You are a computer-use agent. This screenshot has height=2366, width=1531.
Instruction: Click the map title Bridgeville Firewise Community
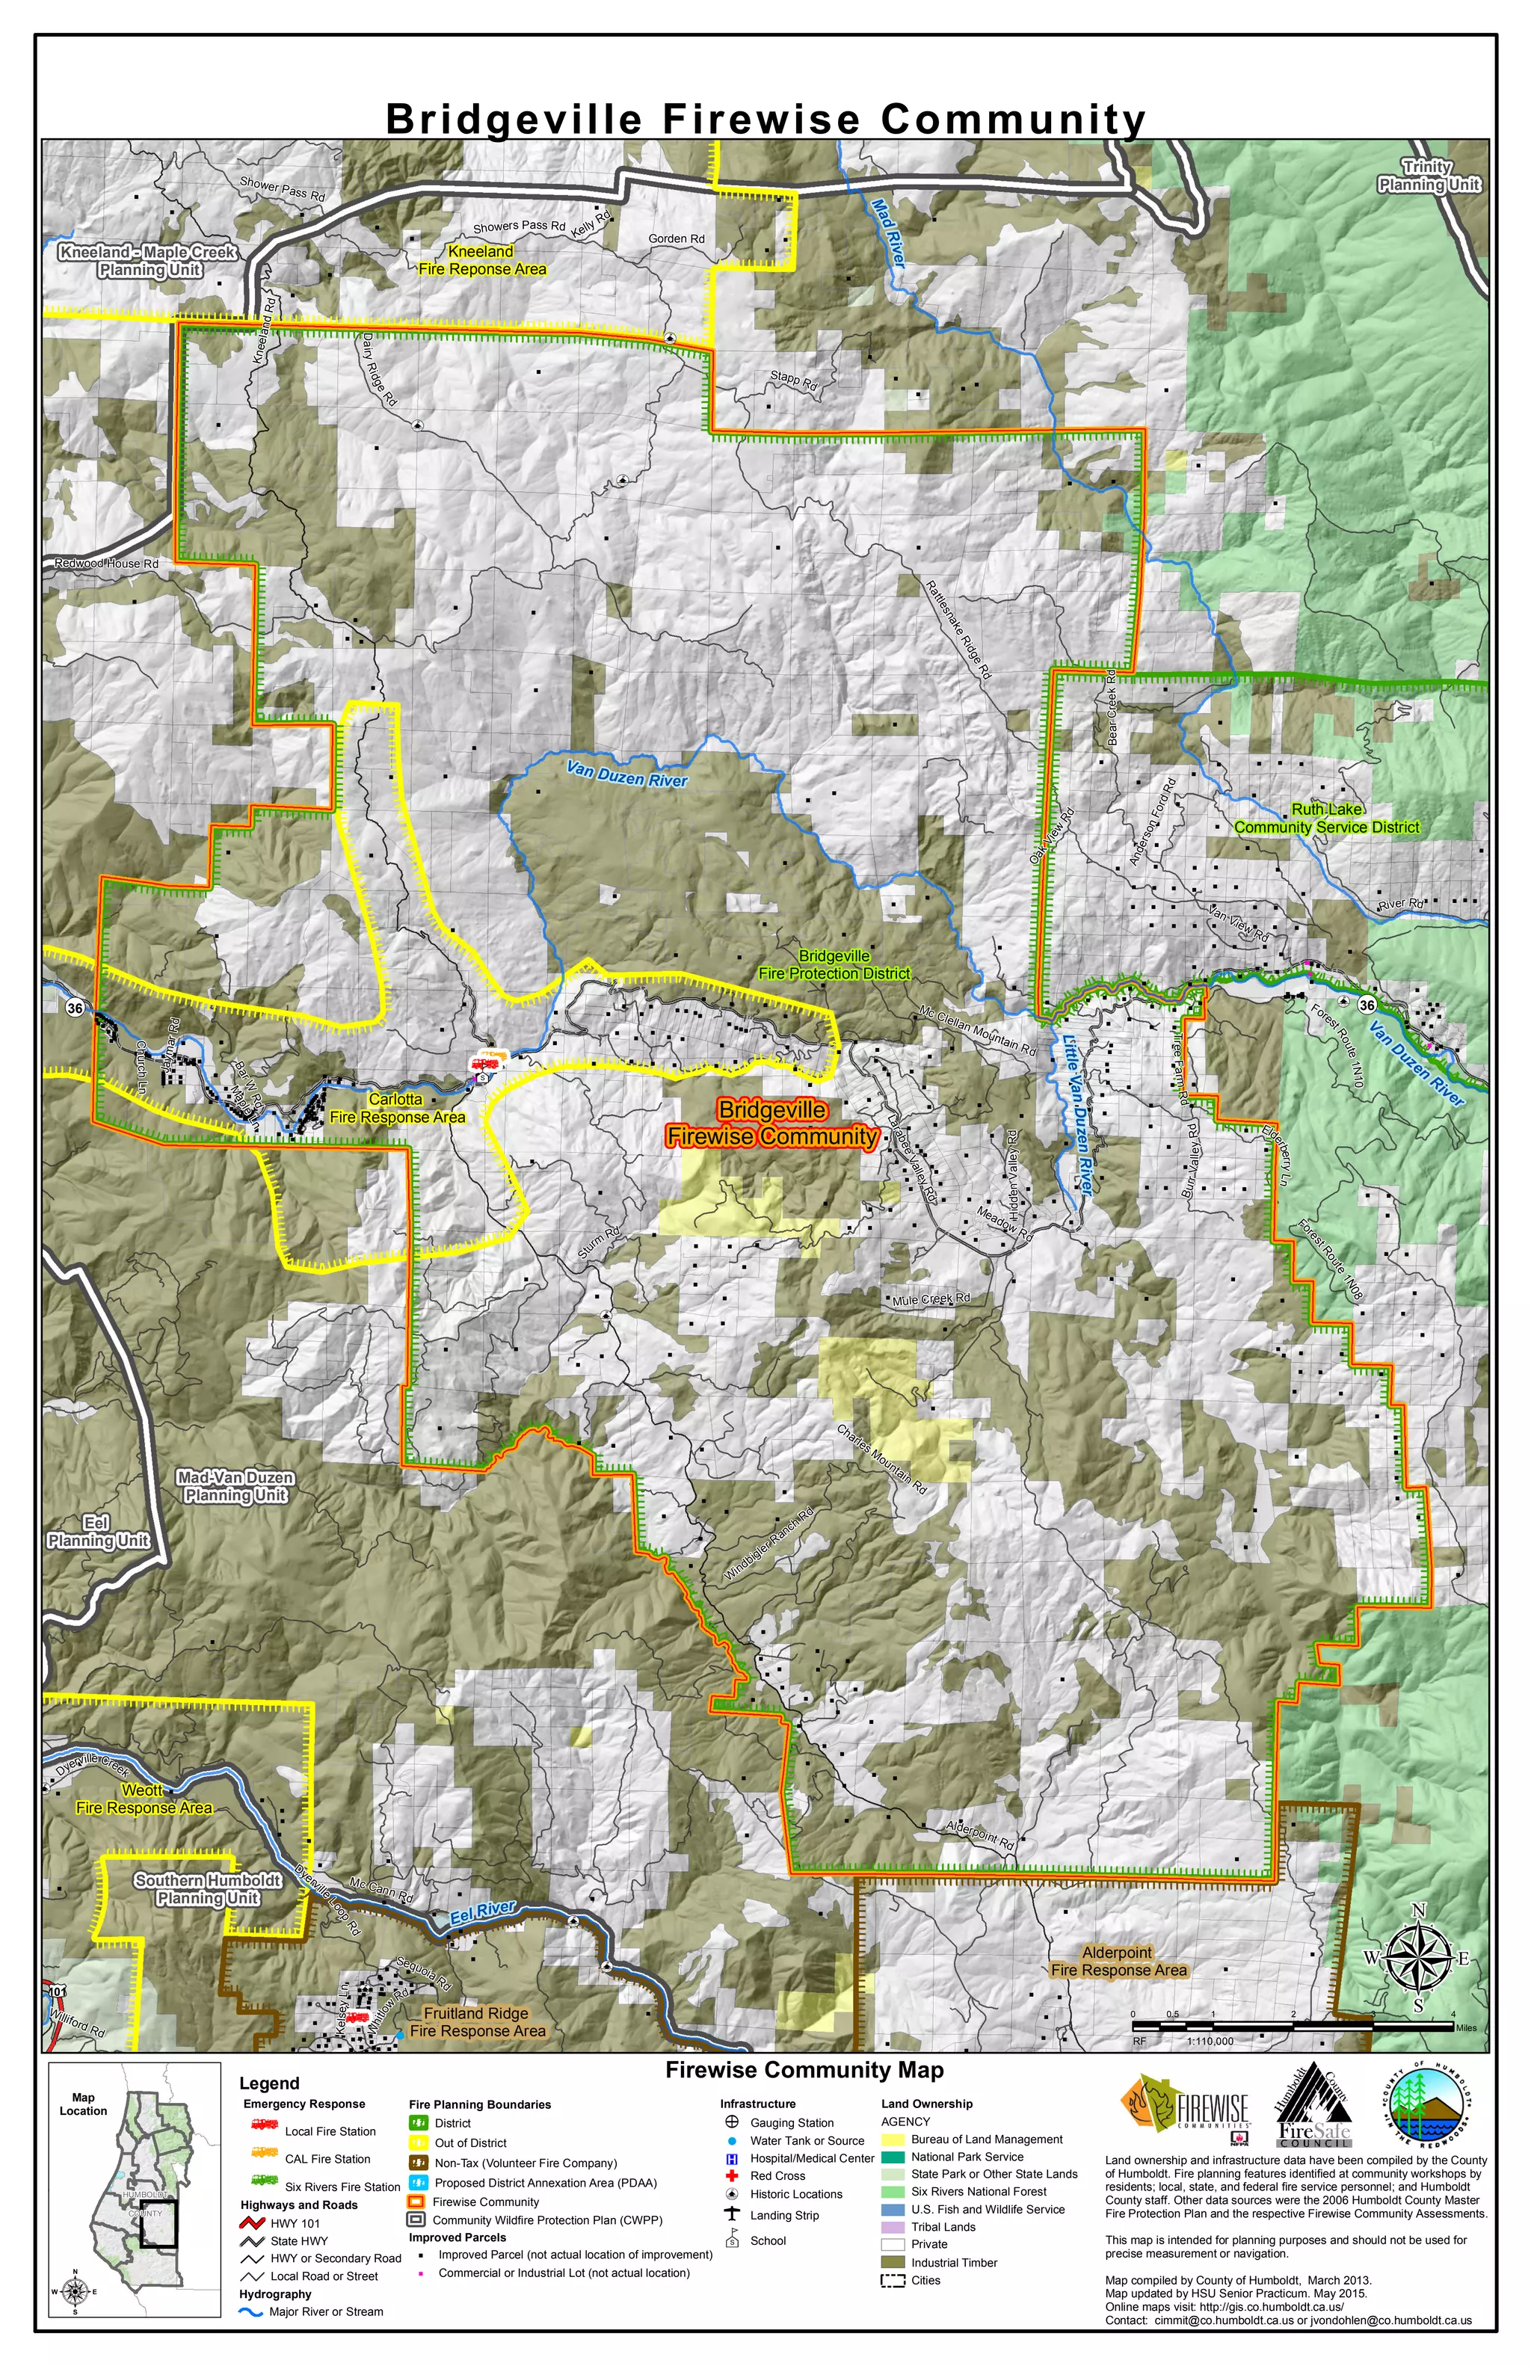tap(765, 120)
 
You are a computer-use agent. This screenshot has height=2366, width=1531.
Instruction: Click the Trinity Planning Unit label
tap(1429, 176)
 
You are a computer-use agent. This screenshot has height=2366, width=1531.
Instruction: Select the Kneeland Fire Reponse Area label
tap(482, 260)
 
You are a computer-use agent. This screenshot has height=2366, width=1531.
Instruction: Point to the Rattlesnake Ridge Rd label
tap(958, 629)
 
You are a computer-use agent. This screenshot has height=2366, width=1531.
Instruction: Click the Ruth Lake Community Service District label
tap(1326, 818)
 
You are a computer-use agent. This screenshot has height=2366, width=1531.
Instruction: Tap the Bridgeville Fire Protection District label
tap(834, 965)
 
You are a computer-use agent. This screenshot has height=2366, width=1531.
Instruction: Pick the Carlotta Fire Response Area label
tap(397, 1109)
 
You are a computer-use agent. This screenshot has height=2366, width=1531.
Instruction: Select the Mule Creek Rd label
tap(931, 1299)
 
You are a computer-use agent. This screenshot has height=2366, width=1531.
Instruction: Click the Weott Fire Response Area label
tap(144, 1799)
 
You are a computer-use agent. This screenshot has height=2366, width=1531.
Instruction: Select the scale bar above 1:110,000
tap(1293, 2025)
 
